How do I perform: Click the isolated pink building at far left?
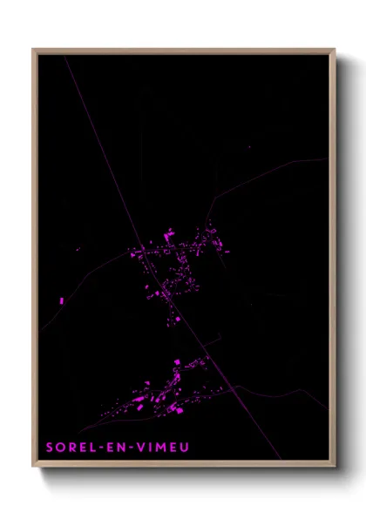coord(63,300)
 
